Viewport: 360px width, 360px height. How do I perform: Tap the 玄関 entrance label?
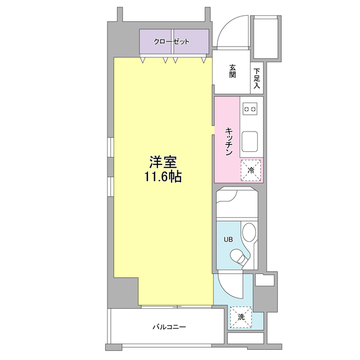coord(232,72)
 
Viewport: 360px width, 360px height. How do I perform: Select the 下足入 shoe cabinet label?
coord(256,79)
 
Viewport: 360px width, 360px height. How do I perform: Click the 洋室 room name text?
coord(163,163)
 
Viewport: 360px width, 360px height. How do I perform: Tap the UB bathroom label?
coord(228,239)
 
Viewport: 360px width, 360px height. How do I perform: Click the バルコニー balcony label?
coord(169,326)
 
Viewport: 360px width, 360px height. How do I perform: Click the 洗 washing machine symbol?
coord(241,317)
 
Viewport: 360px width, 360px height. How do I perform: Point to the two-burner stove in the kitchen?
coord(250,107)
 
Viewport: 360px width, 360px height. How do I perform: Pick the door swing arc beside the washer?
coord(231,287)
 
